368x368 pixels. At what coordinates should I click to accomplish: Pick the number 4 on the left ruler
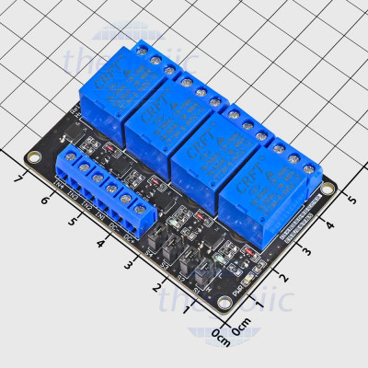(x=100, y=244)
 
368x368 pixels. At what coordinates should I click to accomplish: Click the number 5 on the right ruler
(x=349, y=198)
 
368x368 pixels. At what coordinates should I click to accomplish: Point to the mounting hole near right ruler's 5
(x=325, y=188)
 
